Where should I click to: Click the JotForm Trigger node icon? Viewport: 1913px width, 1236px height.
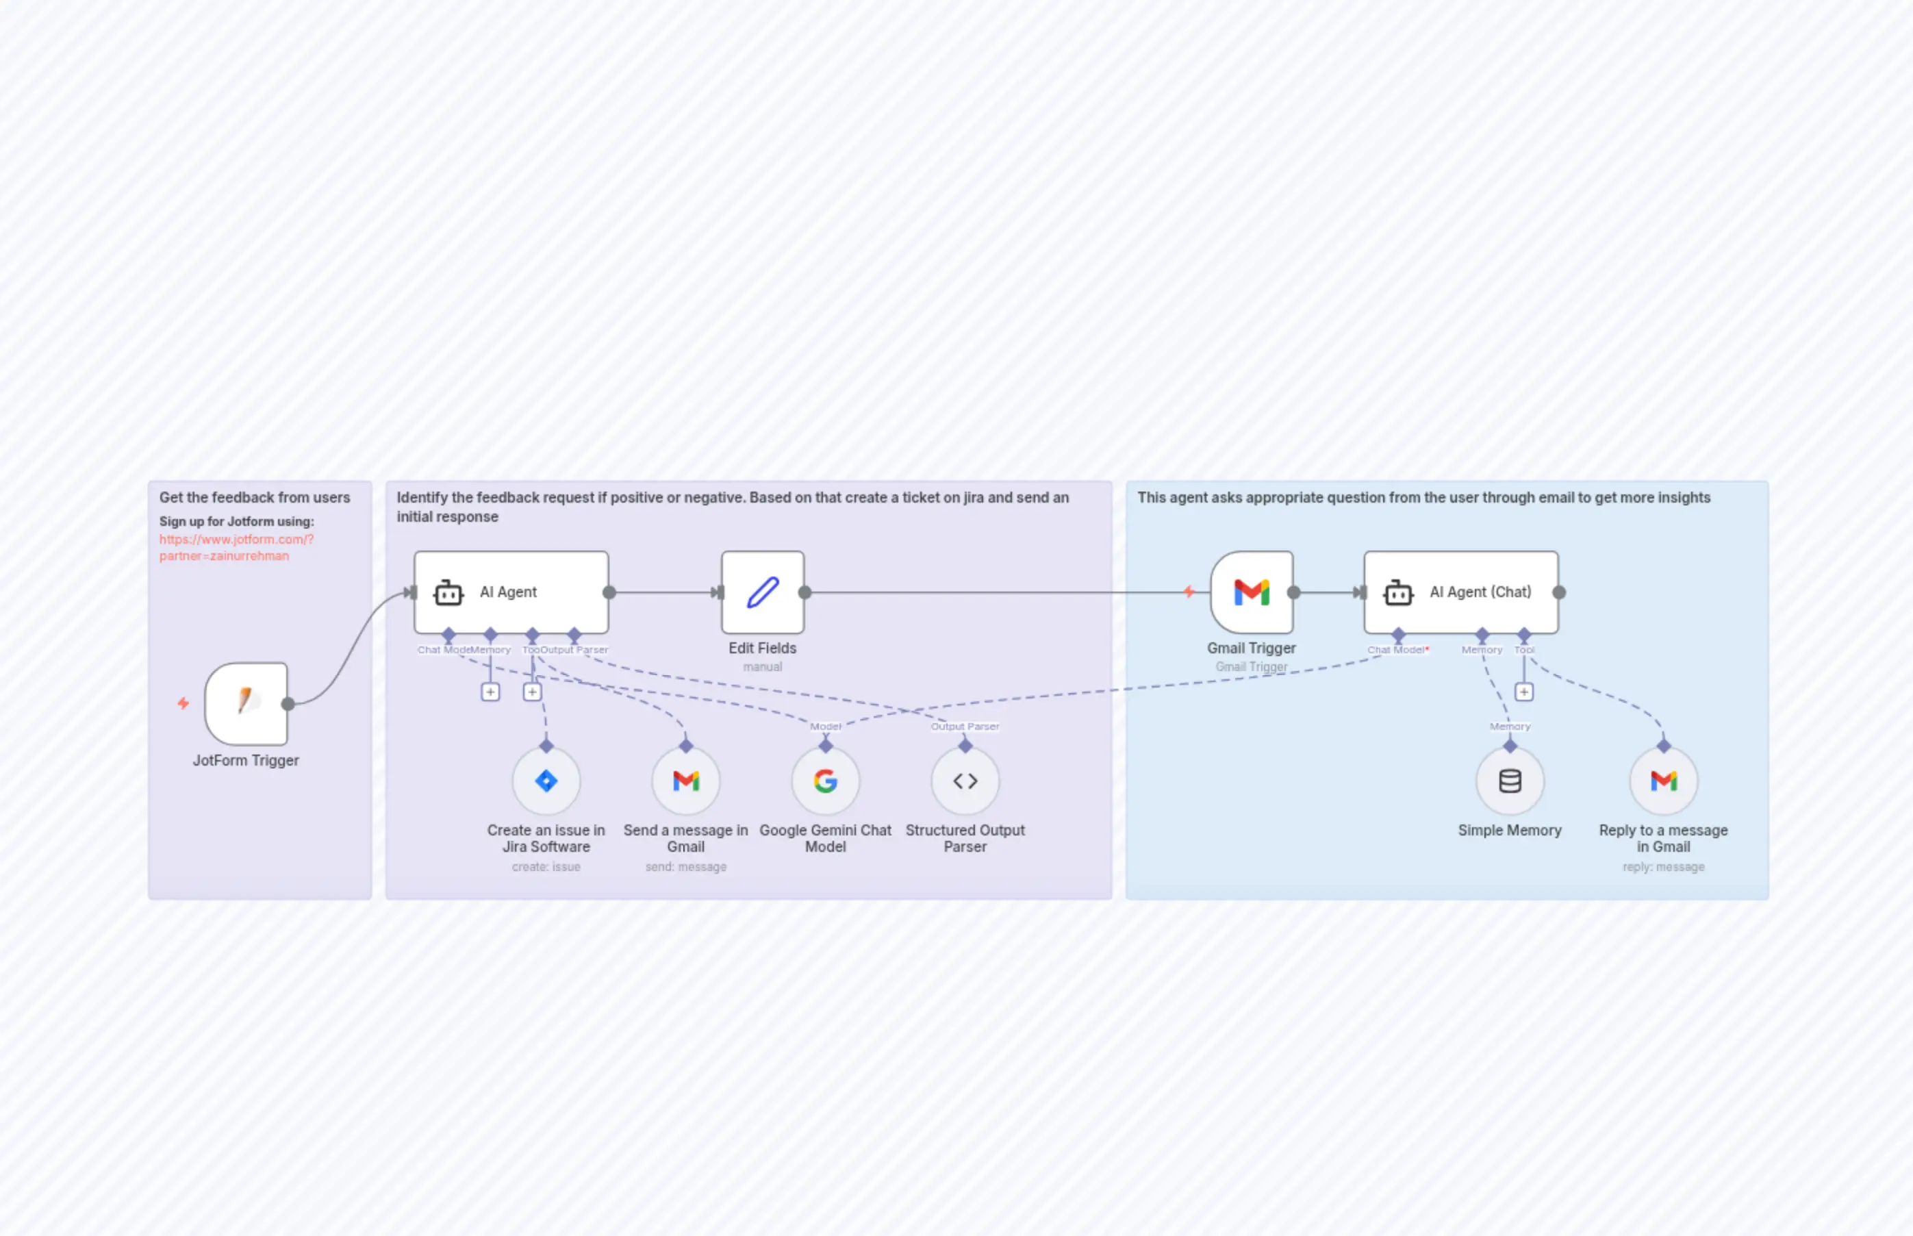tap(246, 703)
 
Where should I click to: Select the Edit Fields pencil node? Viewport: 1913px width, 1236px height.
tap(762, 592)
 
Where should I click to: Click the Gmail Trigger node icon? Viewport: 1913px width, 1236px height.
tap(1251, 592)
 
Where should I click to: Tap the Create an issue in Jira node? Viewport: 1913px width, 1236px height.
tap(546, 780)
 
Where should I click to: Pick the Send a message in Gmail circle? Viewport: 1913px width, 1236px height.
tap(685, 780)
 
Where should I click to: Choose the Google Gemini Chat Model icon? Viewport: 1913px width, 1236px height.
tap(825, 780)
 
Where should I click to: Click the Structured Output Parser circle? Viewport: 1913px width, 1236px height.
tap(965, 780)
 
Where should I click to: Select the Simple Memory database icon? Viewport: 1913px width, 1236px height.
tap(1509, 780)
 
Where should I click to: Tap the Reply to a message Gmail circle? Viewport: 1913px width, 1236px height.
tap(1664, 780)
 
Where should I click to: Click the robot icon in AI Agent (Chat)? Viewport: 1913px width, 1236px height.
tap(1398, 592)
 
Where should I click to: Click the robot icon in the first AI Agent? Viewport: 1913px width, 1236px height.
tap(448, 592)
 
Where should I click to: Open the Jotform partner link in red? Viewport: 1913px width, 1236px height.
tap(236, 547)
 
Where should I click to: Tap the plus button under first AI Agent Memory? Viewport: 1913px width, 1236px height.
tap(490, 692)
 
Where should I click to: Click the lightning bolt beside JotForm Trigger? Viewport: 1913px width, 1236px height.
tap(183, 703)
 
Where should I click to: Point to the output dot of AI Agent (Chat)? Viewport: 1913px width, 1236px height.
tap(1558, 592)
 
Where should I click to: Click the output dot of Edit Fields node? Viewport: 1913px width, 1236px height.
tap(805, 592)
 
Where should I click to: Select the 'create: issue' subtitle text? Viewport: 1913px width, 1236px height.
tap(546, 867)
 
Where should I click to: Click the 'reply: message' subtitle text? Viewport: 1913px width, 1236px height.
tap(1664, 867)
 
